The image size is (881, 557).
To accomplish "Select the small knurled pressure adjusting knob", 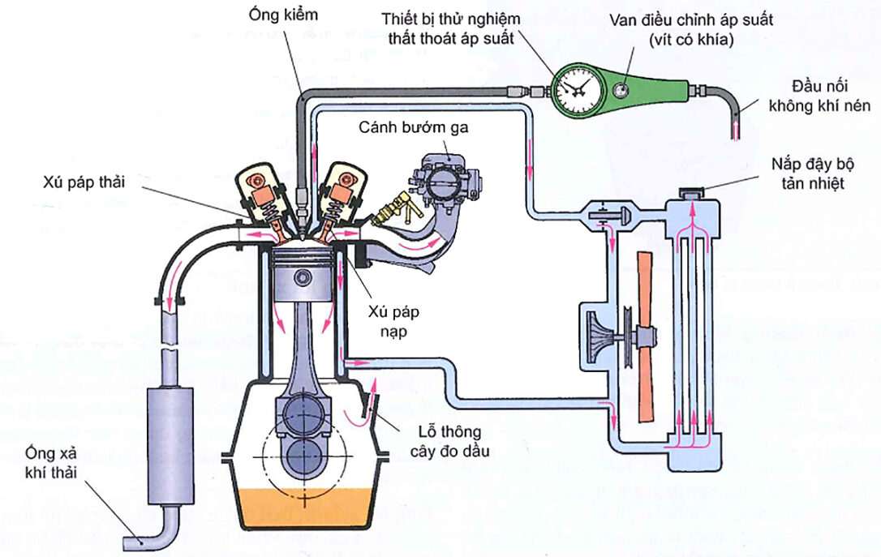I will [x=621, y=88].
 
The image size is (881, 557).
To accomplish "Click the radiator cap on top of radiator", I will [x=692, y=192].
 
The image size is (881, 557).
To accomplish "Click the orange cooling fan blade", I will [x=644, y=336].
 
